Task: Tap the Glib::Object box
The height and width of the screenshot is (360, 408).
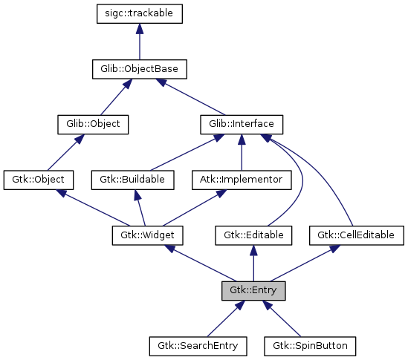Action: point(94,124)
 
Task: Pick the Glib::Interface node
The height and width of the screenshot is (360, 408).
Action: point(242,124)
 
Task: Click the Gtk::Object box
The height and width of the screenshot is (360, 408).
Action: point(39,180)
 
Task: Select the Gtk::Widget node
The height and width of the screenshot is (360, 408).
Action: point(147,235)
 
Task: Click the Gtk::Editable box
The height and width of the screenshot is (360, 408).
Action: point(254,235)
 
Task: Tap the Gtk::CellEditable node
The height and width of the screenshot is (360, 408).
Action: point(356,235)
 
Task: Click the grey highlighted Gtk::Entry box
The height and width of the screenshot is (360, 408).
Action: point(253,290)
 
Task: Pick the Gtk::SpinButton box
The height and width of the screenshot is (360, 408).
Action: point(309,346)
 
